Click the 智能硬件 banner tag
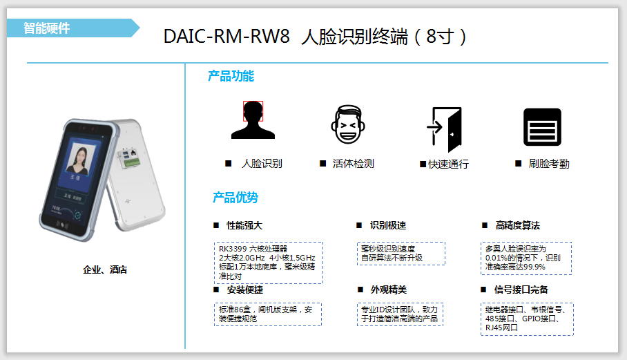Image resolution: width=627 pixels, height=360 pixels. point(47,28)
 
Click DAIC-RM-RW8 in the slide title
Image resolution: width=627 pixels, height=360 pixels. point(226,37)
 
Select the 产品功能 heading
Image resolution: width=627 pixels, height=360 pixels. point(231,76)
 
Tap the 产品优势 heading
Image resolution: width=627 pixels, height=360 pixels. point(235,198)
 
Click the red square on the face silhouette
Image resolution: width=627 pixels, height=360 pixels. point(253,111)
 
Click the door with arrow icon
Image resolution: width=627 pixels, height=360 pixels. point(444,129)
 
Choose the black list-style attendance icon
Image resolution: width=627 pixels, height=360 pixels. point(542,127)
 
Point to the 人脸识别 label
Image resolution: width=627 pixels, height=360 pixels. point(262,164)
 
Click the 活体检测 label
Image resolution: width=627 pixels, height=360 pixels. point(353,164)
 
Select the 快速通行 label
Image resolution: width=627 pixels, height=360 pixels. point(448,164)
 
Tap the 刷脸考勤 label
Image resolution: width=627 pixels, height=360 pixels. point(549,164)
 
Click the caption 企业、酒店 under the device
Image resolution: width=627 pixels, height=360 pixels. point(105,269)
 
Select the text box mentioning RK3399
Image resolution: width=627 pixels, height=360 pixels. point(268,262)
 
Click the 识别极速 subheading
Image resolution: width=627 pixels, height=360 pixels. point(387,226)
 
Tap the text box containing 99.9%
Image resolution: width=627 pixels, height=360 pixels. point(526,258)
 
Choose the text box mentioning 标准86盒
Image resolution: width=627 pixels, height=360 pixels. point(268,314)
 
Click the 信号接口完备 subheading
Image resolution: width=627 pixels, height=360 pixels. point(521,290)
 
